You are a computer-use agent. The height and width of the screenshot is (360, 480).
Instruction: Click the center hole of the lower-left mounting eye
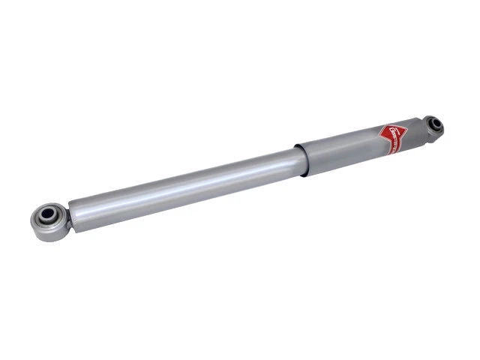click(46, 216)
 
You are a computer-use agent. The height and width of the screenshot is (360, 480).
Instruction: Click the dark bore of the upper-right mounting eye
click(433, 123)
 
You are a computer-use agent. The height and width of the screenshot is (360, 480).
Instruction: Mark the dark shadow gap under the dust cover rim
click(304, 175)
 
